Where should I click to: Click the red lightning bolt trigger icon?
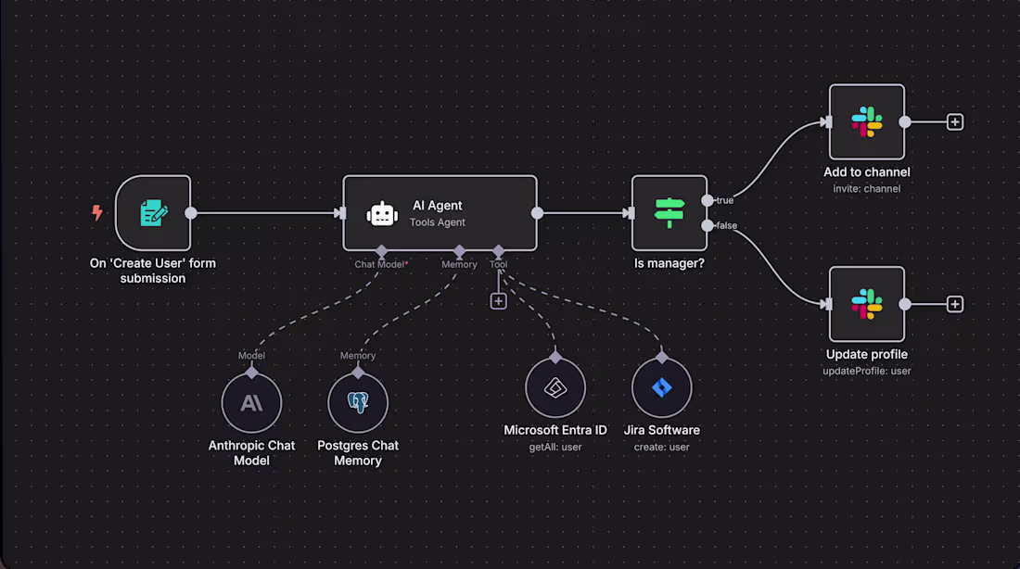click(x=96, y=213)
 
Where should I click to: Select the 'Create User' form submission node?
click(x=153, y=213)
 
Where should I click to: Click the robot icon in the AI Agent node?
click(x=382, y=214)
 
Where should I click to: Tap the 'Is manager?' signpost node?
click(x=669, y=213)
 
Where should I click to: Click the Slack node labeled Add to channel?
click(x=866, y=122)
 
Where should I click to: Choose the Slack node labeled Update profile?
click(x=866, y=304)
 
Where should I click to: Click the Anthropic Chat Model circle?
click(x=251, y=403)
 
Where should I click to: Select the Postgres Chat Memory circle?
click(x=358, y=403)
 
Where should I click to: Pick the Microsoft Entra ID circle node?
click(x=555, y=388)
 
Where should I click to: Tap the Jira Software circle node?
click(x=662, y=388)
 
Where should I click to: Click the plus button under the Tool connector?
click(x=498, y=301)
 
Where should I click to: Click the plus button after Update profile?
click(x=955, y=304)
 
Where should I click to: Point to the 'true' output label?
click(x=725, y=200)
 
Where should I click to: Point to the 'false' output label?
click(x=727, y=225)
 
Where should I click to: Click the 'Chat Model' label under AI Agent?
click(x=379, y=264)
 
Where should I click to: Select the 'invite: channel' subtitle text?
click(x=866, y=189)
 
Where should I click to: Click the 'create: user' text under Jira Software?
click(x=662, y=447)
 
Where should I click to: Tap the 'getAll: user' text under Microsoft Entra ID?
click(x=555, y=447)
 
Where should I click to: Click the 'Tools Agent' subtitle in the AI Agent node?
click(x=438, y=222)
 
